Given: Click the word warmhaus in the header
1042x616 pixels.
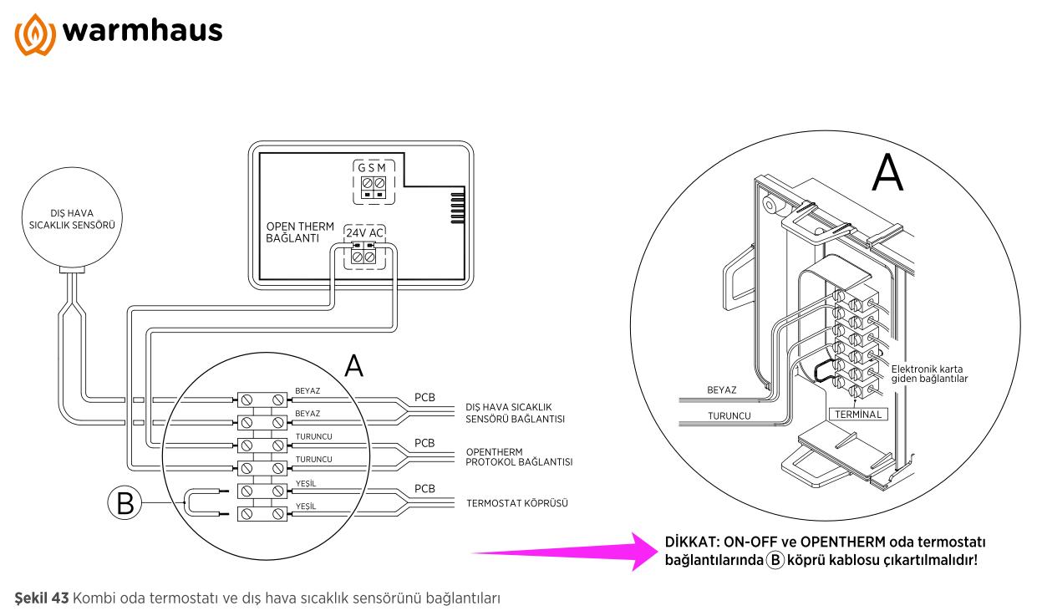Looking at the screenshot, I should tap(141, 32).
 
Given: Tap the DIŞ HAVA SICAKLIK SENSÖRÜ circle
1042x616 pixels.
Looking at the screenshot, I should tap(71, 219).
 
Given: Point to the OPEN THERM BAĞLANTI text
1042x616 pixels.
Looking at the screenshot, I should tap(300, 232).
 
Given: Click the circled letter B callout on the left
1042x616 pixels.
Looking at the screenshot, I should tap(124, 503).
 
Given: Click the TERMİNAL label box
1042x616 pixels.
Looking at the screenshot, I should tap(857, 414).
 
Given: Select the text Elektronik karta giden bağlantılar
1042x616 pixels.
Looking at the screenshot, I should tap(929, 374).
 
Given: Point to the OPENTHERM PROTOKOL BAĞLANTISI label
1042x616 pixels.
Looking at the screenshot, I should tap(519, 456).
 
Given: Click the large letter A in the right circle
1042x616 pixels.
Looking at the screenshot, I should tap(887, 174).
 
